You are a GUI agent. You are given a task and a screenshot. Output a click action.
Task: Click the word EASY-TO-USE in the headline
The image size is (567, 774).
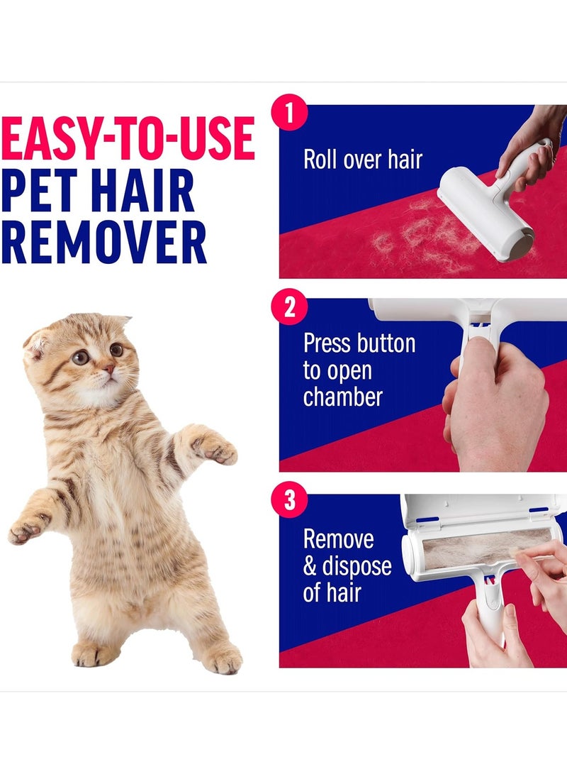128,138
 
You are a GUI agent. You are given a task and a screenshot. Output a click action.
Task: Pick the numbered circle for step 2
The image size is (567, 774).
290,309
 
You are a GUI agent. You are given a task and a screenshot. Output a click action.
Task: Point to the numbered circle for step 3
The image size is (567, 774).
290,502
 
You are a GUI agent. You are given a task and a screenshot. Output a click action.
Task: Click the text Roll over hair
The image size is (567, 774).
362,159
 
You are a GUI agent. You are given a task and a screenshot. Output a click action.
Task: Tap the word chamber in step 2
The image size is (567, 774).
343,397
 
